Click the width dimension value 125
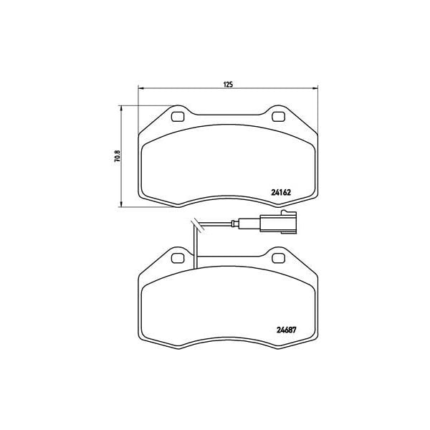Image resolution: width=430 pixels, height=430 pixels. pyautogui.click(x=228, y=85)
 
